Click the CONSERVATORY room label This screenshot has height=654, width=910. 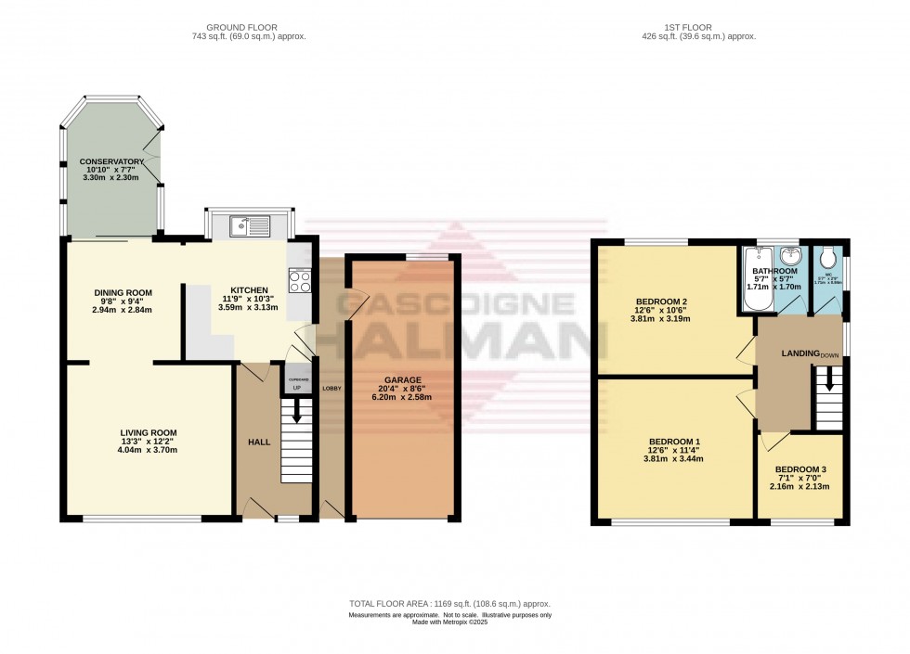click(111, 161)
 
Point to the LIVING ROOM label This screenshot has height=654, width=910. click(149, 432)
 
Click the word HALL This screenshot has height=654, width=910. click(259, 442)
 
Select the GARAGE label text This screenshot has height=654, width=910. click(403, 379)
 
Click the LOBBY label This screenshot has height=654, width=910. click(331, 387)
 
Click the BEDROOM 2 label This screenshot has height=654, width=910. click(661, 301)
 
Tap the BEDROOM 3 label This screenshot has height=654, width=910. click(800, 469)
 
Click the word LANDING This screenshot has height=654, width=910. click(799, 353)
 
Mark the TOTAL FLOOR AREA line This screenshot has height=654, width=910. click(449, 605)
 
